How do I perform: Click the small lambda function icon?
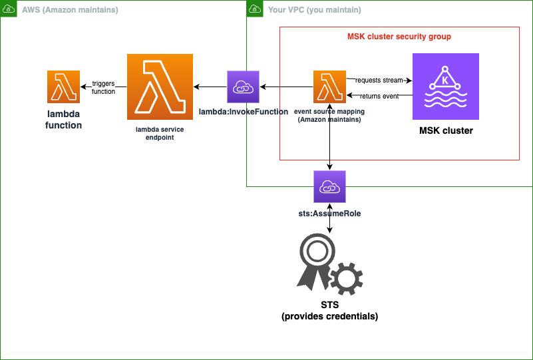[x=64, y=87]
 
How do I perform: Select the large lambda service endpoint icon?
[x=160, y=87]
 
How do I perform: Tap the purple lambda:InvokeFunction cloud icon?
[x=243, y=87]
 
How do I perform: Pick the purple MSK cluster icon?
[x=445, y=86]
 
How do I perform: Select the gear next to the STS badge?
[x=347, y=278]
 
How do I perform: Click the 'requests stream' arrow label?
[x=379, y=80]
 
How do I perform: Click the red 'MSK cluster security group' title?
[x=399, y=37]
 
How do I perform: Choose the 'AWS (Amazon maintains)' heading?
[x=70, y=10]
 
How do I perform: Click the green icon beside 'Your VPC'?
[x=254, y=9]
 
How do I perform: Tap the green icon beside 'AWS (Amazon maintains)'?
[x=9, y=9]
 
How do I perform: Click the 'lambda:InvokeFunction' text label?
[x=244, y=112]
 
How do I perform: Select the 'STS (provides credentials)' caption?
[x=330, y=311]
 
